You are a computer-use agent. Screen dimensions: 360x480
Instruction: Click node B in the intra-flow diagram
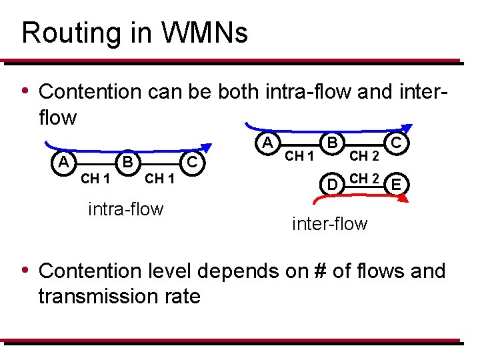pos(127,161)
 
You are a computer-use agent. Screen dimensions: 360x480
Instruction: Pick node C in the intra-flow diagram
pos(191,161)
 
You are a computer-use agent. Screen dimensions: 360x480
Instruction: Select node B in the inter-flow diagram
pos(331,142)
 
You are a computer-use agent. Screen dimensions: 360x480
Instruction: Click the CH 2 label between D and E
pos(365,178)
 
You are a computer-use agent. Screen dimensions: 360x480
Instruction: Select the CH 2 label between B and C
pos(365,157)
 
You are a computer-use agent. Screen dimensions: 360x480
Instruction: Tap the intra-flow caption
pos(125,209)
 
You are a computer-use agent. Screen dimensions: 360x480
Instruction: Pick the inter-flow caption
pos(329,223)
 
